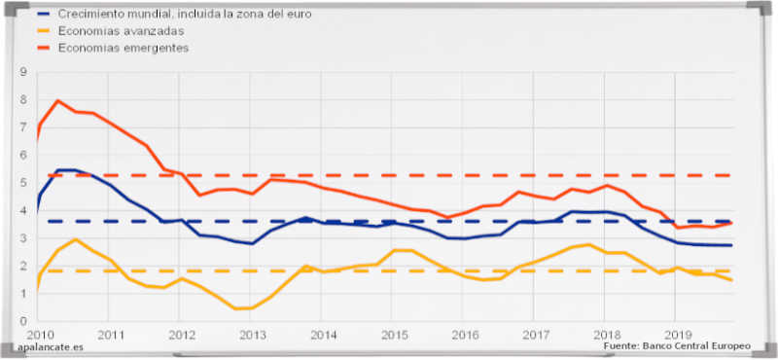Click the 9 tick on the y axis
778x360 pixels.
(x=22, y=72)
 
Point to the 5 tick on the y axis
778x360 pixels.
(x=22, y=182)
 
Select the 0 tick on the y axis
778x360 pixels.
(x=22, y=320)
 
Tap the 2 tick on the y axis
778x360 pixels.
(x=22, y=265)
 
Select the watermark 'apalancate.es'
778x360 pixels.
(x=49, y=347)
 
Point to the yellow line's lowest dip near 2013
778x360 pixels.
(x=238, y=308)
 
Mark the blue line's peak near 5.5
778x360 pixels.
(x=66, y=170)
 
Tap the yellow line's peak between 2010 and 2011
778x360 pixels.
(x=76, y=239)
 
